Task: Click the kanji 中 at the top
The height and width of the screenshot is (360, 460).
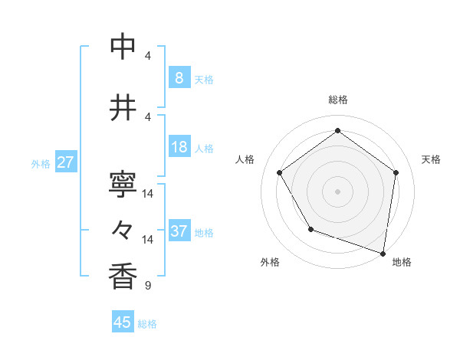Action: click(x=123, y=46)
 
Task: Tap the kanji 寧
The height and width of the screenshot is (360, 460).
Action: click(x=123, y=184)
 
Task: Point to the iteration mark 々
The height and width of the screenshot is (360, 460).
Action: click(x=123, y=229)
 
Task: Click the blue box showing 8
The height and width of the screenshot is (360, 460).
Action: click(x=179, y=78)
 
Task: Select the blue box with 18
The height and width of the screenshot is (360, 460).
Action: click(x=179, y=147)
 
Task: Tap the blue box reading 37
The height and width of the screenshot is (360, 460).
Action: click(x=179, y=231)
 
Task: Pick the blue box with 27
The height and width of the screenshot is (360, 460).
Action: click(x=65, y=162)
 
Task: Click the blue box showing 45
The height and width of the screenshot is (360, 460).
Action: click(x=123, y=322)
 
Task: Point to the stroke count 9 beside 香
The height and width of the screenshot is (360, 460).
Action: click(x=147, y=286)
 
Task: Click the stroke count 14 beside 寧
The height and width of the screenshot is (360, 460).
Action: click(x=148, y=194)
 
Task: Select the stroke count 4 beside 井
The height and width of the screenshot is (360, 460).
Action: click(x=147, y=116)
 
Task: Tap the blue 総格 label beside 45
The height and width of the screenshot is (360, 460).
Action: click(x=147, y=324)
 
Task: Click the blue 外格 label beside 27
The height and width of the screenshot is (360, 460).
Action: click(x=40, y=163)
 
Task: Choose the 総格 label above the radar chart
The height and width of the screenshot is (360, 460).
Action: click(x=337, y=100)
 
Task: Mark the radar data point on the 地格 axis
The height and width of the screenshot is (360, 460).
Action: click(x=383, y=253)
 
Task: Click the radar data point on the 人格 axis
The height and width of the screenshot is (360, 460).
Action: click(x=279, y=172)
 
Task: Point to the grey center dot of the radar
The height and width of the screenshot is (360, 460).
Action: click(x=337, y=191)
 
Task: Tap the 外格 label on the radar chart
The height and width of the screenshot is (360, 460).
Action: click(x=270, y=262)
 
